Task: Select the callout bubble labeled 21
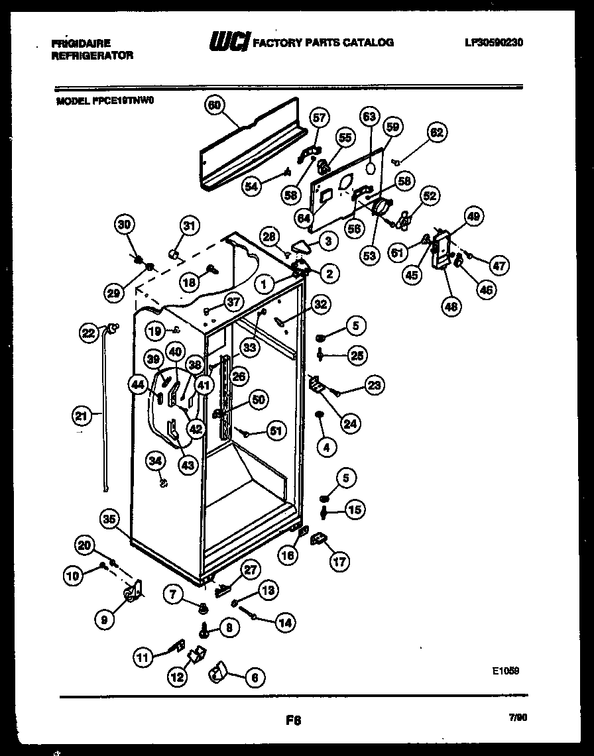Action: click(x=80, y=416)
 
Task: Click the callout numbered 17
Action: click(x=338, y=563)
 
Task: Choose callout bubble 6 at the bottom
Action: click(x=255, y=677)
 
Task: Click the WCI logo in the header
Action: click(x=229, y=42)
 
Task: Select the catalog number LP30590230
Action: click(x=494, y=42)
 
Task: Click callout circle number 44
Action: click(x=139, y=384)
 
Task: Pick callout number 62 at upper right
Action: click(x=436, y=131)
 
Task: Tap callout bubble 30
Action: click(x=124, y=224)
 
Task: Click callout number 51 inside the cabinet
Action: click(x=274, y=431)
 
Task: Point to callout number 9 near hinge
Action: click(x=104, y=620)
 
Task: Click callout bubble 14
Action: click(x=285, y=622)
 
